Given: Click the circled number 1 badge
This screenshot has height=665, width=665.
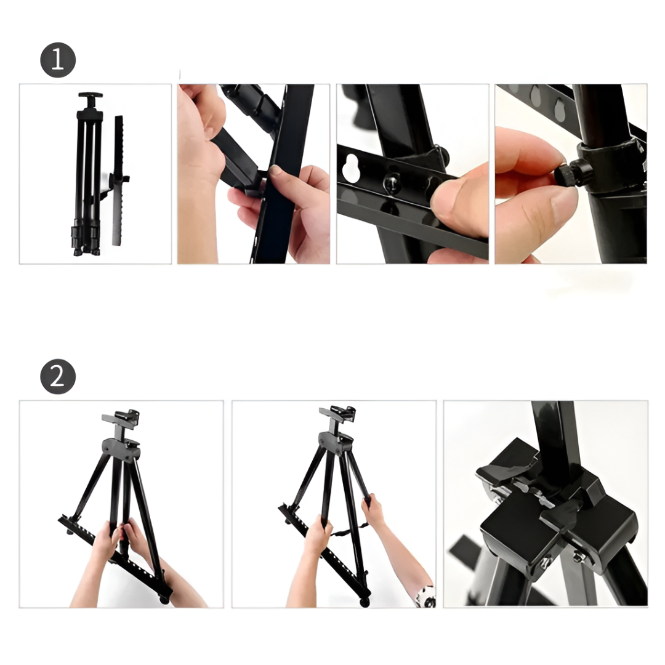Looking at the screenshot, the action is pos(58,60).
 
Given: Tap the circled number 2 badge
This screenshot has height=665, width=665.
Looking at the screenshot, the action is pos(58,377).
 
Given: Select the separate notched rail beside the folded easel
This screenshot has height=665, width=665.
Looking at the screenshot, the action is pos(118,180).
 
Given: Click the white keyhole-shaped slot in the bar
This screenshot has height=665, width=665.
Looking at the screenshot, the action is pos(351,164).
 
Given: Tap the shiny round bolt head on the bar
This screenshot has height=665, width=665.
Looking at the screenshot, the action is pos(392,183).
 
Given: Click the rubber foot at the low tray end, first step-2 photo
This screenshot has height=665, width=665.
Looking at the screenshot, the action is pos(164,600).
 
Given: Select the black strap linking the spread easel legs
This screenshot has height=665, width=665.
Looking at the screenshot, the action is pos(349,530).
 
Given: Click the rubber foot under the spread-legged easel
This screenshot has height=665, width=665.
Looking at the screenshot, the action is pos(364,602).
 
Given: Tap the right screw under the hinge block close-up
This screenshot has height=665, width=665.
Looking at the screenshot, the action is pos(577,557).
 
